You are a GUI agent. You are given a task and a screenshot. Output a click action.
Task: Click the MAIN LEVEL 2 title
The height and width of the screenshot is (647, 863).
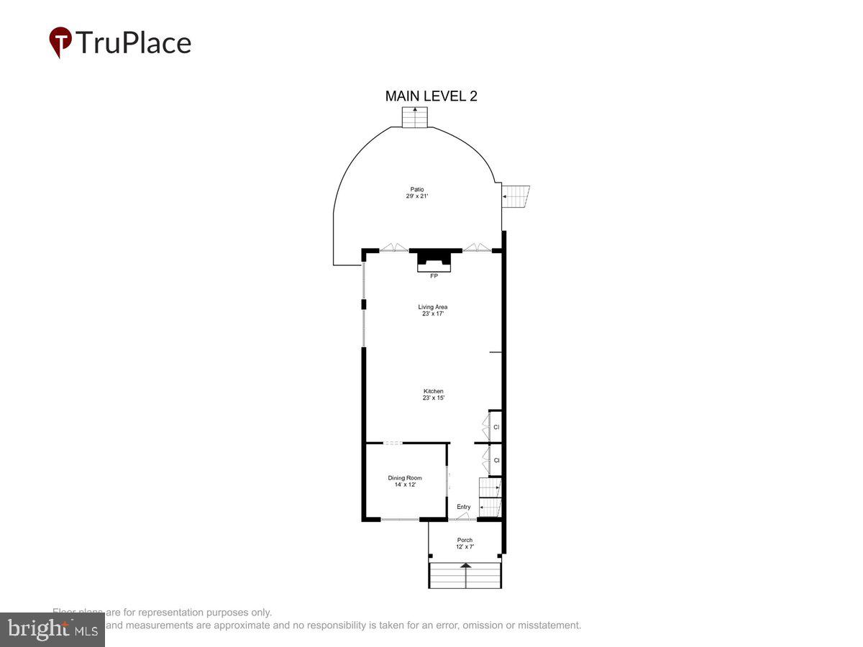click(431, 96)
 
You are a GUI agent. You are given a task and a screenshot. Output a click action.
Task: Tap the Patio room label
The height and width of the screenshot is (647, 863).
click(417, 189)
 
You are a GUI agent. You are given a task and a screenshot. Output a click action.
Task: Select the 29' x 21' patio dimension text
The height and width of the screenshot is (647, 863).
click(417, 196)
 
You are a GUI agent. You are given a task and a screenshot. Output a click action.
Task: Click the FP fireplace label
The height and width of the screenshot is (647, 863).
click(434, 276)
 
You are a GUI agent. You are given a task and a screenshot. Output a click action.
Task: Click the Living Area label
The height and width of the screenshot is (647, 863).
click(432, 307)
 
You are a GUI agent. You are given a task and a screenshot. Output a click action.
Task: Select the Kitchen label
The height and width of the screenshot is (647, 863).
click(433, 391)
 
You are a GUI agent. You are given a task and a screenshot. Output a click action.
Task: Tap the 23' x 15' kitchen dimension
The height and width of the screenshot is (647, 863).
click(433, 398)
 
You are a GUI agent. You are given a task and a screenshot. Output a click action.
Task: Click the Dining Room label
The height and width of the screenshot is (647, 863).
click(405, 478)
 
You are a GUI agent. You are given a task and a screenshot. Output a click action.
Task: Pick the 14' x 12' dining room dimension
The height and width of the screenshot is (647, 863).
click(405, 485)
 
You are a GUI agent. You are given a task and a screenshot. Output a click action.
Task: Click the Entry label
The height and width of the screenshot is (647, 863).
click(464, 507)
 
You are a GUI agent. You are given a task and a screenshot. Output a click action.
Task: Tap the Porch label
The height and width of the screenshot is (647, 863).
click(465, 540)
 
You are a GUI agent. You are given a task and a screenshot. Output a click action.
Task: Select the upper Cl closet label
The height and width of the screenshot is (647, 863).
click(496, 427)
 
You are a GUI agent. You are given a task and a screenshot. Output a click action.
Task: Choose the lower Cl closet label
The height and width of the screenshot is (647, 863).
click(496, 460)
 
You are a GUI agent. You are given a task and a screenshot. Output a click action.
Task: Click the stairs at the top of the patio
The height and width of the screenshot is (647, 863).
click(415, 116)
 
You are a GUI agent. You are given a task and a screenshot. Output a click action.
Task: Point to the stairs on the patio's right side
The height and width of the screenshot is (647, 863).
click(515, 196)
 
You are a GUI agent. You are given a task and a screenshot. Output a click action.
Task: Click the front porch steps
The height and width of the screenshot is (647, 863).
click(465, 575)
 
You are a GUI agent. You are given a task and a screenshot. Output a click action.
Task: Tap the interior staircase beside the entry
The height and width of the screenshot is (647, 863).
click(490, 497)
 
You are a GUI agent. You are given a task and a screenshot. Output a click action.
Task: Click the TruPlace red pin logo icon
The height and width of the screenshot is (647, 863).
click(60, 42)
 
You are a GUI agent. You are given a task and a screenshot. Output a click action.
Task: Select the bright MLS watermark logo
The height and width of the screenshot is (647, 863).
click(52, 629)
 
